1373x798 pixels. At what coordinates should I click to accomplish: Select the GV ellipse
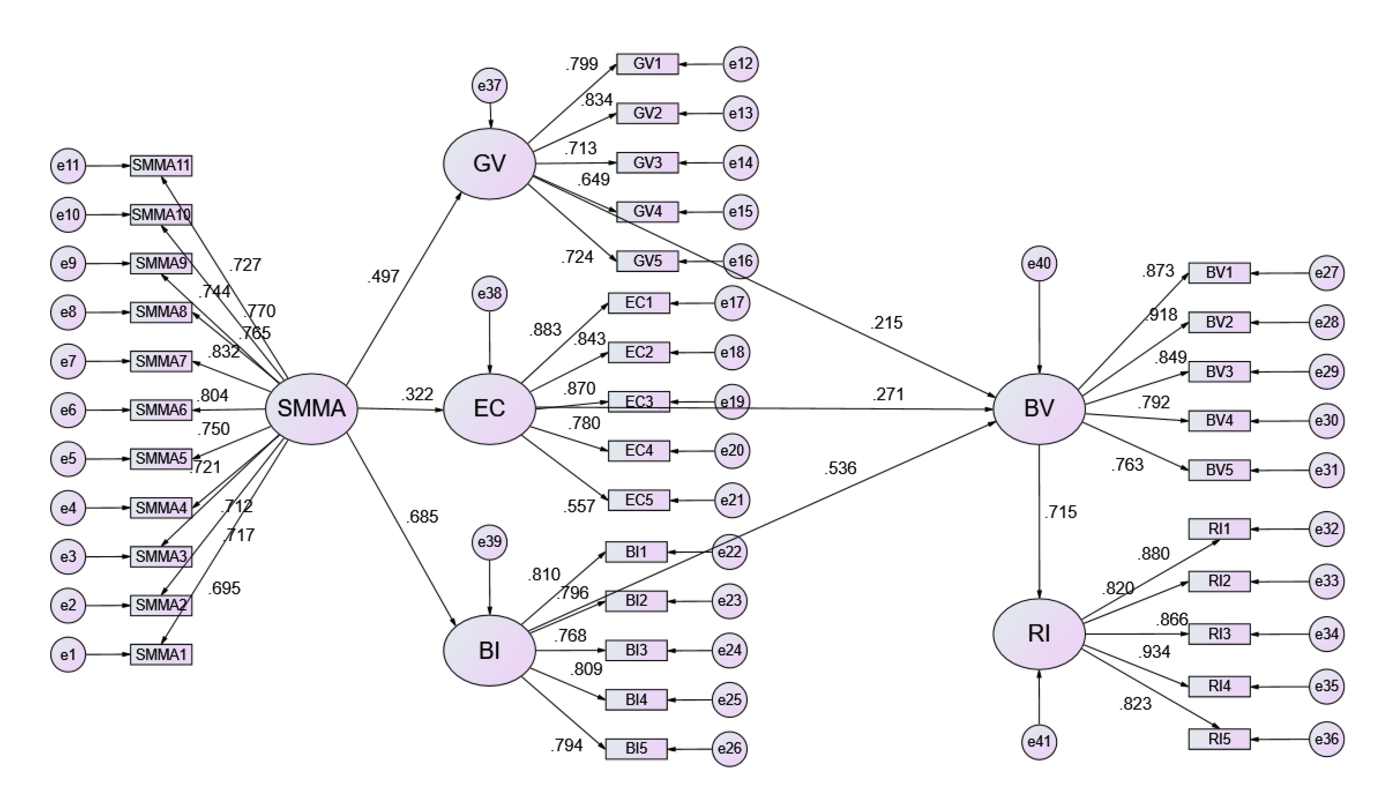click(489, 163)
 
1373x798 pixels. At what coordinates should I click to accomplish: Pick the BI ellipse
click(489, 650)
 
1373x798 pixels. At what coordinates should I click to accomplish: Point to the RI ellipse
click(1039, 633)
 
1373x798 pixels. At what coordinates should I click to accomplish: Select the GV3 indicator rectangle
click(647, 162)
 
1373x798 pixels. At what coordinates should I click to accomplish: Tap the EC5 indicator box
click(638, 500)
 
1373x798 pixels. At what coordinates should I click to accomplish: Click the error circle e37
click(489, 85)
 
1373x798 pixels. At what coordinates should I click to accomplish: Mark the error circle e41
click(1039, 741)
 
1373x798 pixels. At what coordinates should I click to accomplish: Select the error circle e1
click(68, 654)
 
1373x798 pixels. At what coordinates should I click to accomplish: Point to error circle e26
click(729, 748)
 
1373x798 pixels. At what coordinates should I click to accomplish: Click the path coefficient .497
click(383, 276)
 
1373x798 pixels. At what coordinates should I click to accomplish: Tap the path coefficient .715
click(1060, 512)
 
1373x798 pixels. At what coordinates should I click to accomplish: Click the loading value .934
click(1154, 651)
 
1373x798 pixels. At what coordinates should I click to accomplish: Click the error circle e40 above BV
click(1039, 264)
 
